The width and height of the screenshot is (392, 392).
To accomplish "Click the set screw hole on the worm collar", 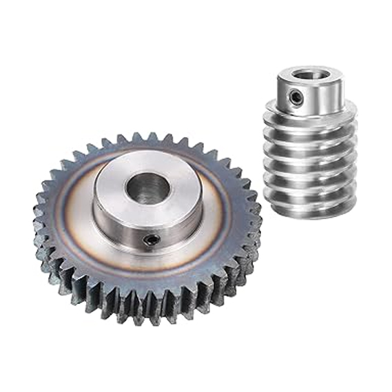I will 295,98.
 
